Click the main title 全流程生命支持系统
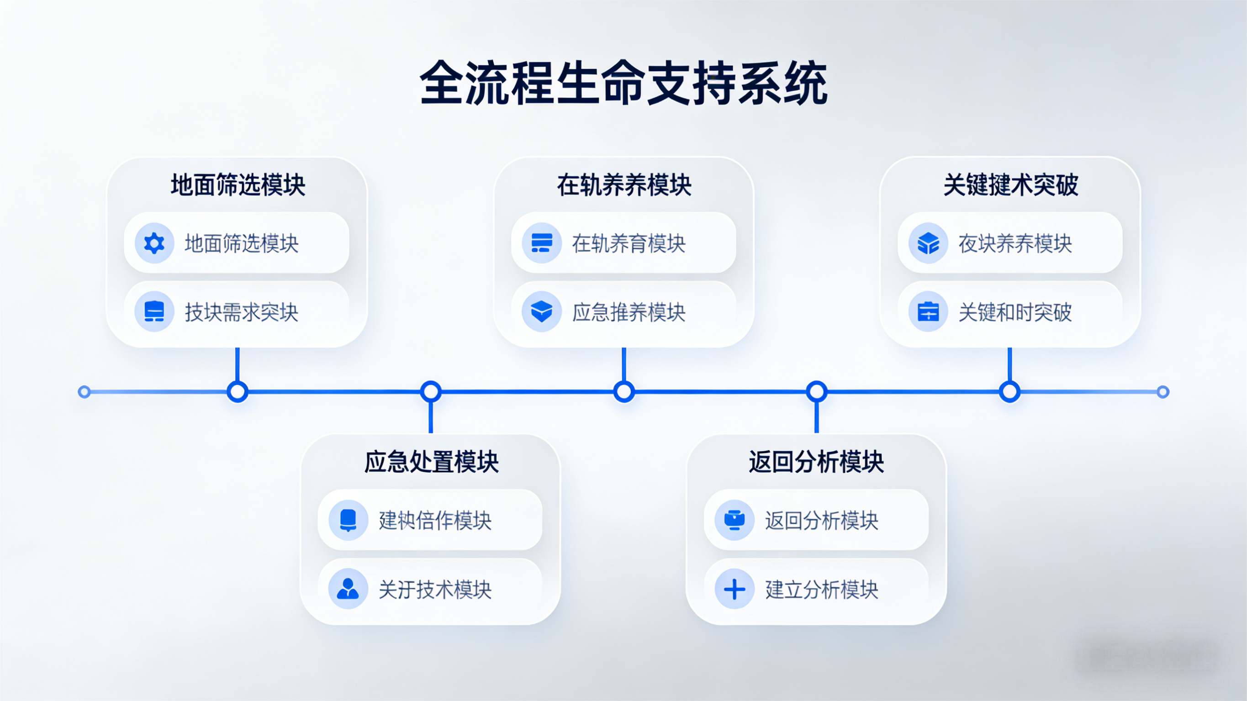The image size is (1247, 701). point(623,83)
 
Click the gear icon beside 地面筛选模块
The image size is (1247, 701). point(154,243)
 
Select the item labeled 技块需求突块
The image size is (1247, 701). point(241,312)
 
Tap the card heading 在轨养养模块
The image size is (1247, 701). point(624,185)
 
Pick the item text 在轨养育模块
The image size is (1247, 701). point(629,243)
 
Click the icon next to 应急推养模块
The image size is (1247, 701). point(541,311)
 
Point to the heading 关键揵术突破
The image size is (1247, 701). point(1011,185)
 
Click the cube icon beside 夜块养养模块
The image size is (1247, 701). point(928,243)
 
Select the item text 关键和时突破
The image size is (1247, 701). point(1015,312)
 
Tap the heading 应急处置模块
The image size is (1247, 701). point(431,462)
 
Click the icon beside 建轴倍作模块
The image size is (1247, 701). point(348,521)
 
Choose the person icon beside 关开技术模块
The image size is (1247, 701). point(348,589)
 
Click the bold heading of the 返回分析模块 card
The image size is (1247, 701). point(816,462)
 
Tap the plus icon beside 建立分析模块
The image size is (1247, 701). point(734,589)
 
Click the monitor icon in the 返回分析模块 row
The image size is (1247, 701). point(734,521)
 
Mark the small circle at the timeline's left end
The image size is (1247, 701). point(84,392)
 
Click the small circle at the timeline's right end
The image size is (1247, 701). point(1163,392)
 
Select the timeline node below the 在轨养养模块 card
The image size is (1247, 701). point(624,392)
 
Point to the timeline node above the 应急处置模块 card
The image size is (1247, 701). point(431,392)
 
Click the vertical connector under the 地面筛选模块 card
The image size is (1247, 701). point(237,364)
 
